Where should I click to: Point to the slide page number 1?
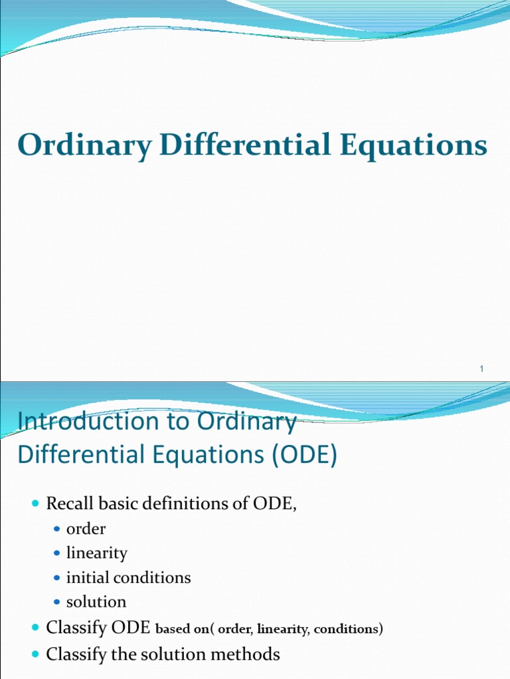pyautogui.click(x=481, y=369)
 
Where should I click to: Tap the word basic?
pyautogui.click(x=115, y=504)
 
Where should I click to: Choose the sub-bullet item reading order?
pyautogui.click(x=86, y=529)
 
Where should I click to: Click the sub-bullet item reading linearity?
pyautogui.click(x=96, y=553)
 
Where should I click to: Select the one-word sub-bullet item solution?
pyautogui.click(x=96, y=602)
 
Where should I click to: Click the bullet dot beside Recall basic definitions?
pyautogui.click(x=36, y=505)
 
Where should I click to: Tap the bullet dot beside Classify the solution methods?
pyautogui.click(x=36, y=654)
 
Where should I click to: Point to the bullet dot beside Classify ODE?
pyautogui.click(x=36, y=627)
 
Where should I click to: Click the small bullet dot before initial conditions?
pyautogui.click(x=56, y=578)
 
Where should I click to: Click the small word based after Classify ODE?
pyautogui.click(x=171, y=629)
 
